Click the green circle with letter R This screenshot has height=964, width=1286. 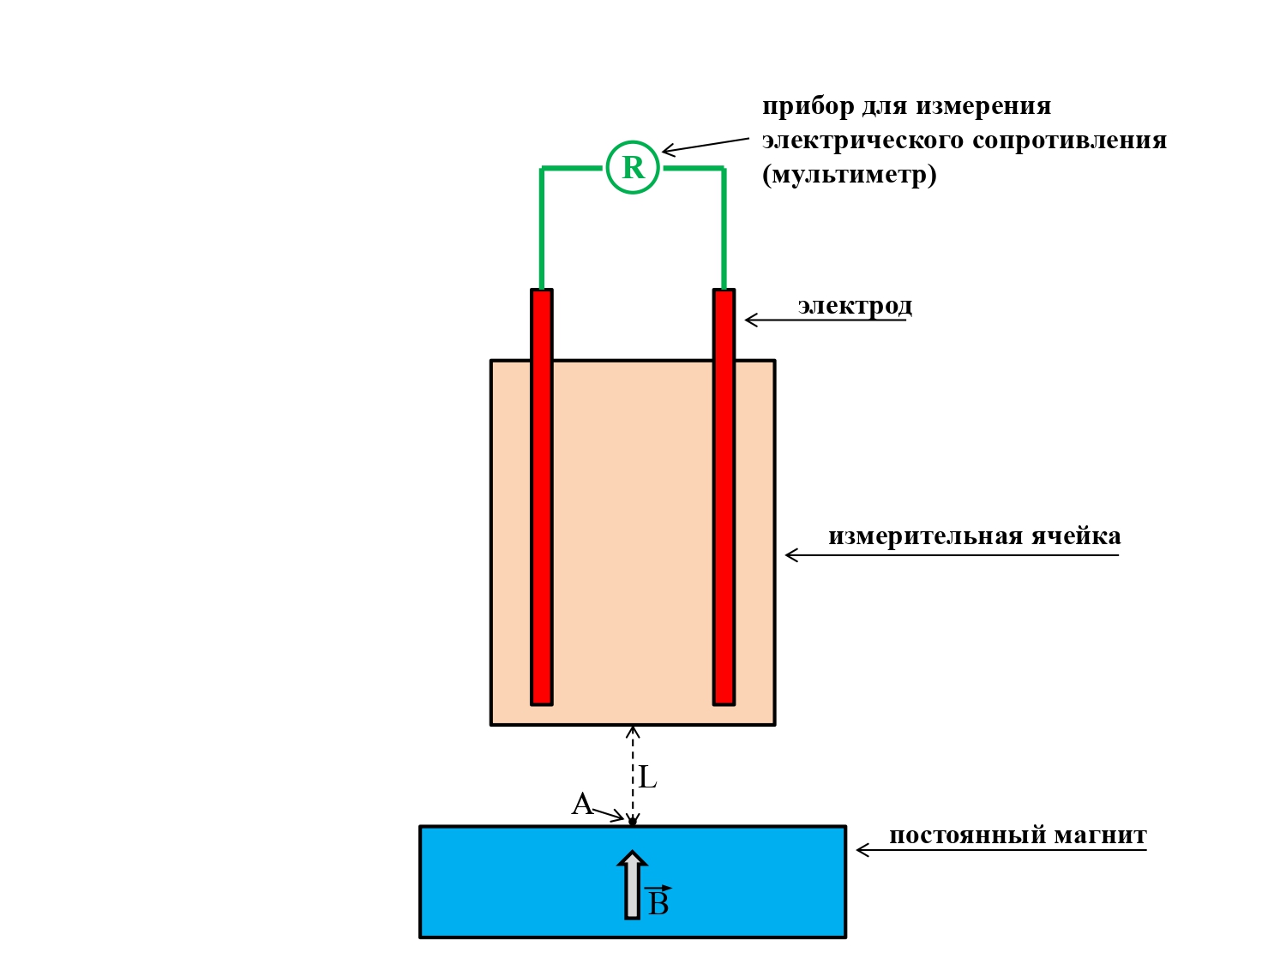click(633, 167)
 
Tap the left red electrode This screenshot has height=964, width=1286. click(541, 497)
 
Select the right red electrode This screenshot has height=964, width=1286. click(724, 497)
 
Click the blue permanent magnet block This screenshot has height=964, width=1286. click(514, 882)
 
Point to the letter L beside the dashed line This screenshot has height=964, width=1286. click(648, 778)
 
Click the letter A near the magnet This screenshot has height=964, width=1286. click(582, 805)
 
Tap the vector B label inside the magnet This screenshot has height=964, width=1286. click(658, 902)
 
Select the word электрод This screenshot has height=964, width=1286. click(855, 306)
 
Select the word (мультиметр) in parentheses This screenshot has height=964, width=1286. click(849, 175)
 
